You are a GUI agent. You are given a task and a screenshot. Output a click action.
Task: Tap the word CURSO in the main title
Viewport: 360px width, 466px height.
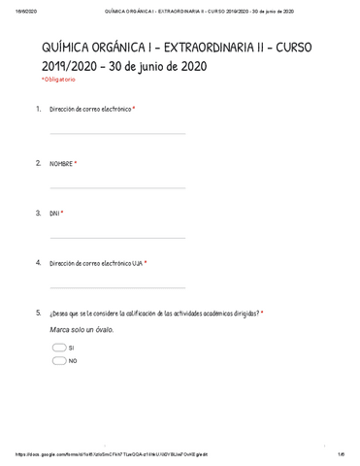[x=312, y=48]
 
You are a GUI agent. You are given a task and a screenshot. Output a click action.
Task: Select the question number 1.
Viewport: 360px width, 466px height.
[x=38, y=110]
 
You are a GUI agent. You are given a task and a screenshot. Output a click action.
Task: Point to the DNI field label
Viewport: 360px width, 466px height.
[x=55, y=213]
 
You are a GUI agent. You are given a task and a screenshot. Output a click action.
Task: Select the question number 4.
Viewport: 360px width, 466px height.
[x=38, y=262]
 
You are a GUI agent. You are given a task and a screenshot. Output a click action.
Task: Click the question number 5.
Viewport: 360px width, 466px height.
[x=38, y=313]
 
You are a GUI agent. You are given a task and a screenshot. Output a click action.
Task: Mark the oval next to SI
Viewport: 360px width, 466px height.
[x=59, y=347]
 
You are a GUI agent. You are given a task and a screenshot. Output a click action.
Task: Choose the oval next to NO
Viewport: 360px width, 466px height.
[x=59, y=360]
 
